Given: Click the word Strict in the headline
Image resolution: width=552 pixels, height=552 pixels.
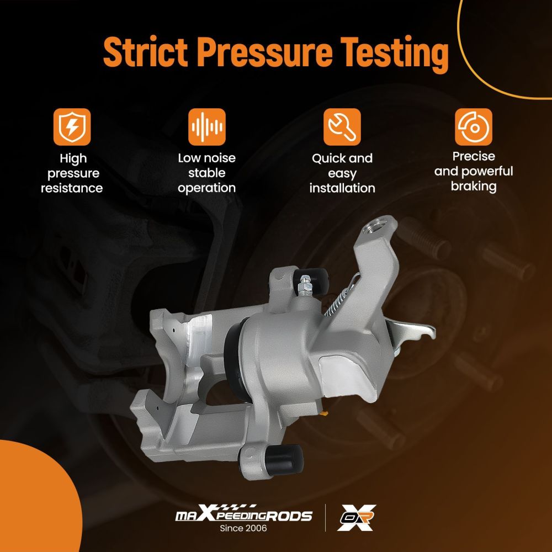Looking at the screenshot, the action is pos(145,52).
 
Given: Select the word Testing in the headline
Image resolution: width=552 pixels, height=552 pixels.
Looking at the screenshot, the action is pos(395,55).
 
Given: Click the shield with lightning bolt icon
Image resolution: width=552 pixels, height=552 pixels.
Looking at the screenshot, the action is pos(72,127).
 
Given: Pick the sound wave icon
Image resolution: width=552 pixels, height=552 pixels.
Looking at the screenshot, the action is pos(206,127).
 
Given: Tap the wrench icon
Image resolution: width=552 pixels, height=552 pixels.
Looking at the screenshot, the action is pos(342,127).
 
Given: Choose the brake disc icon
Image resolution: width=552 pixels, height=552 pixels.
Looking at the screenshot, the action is pos(474,127).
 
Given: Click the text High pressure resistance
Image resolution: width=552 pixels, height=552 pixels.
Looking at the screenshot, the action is pos(72,173).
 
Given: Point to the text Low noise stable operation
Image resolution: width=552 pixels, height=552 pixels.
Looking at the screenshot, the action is pos(206,173).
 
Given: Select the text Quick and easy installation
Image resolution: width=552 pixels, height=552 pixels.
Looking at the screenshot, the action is pos(342,173).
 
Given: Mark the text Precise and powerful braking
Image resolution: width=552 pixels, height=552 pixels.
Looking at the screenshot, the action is pos(474,172).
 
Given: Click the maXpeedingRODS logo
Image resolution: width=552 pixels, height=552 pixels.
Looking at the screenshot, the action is pos(243,513).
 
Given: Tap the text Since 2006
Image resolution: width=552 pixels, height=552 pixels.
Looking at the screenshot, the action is pos(243,528).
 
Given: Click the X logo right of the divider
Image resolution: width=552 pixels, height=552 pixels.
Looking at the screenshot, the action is pos(356,517).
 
